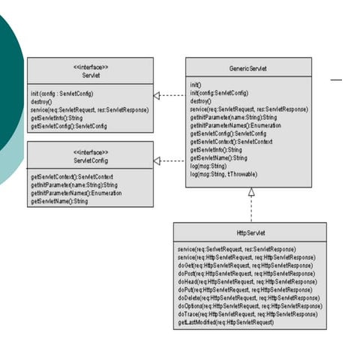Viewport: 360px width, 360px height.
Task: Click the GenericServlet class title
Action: tap(249, 68)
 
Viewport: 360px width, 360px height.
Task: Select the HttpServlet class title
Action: tap(250, 232)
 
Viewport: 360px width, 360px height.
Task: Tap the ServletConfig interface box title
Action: tap(91, 160)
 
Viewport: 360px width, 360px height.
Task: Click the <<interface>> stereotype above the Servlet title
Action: tap(91, 67)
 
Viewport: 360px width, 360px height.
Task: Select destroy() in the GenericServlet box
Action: tap(200, 100)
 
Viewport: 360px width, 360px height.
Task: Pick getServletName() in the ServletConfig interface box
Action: tap(59, 201)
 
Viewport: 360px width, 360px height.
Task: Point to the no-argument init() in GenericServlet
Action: tap(196, 85)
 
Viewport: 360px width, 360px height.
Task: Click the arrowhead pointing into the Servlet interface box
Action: tap(157, 96)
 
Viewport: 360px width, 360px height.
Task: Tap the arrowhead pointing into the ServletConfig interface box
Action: tap(157, 160)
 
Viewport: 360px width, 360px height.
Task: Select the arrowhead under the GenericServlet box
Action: tap(251, 192)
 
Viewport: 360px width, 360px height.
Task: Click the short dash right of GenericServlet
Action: tap(336, 79)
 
